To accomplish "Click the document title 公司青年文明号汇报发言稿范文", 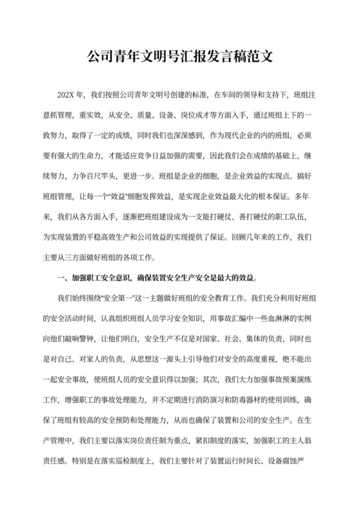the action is click(180, 56).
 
